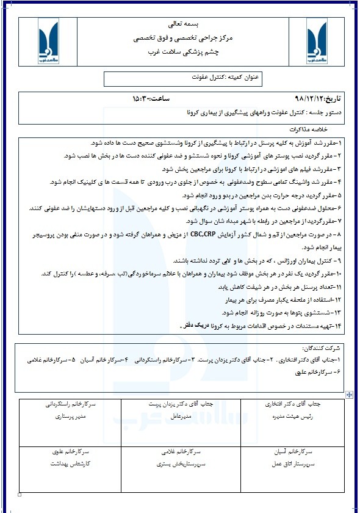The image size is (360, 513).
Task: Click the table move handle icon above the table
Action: coord(348,395)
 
